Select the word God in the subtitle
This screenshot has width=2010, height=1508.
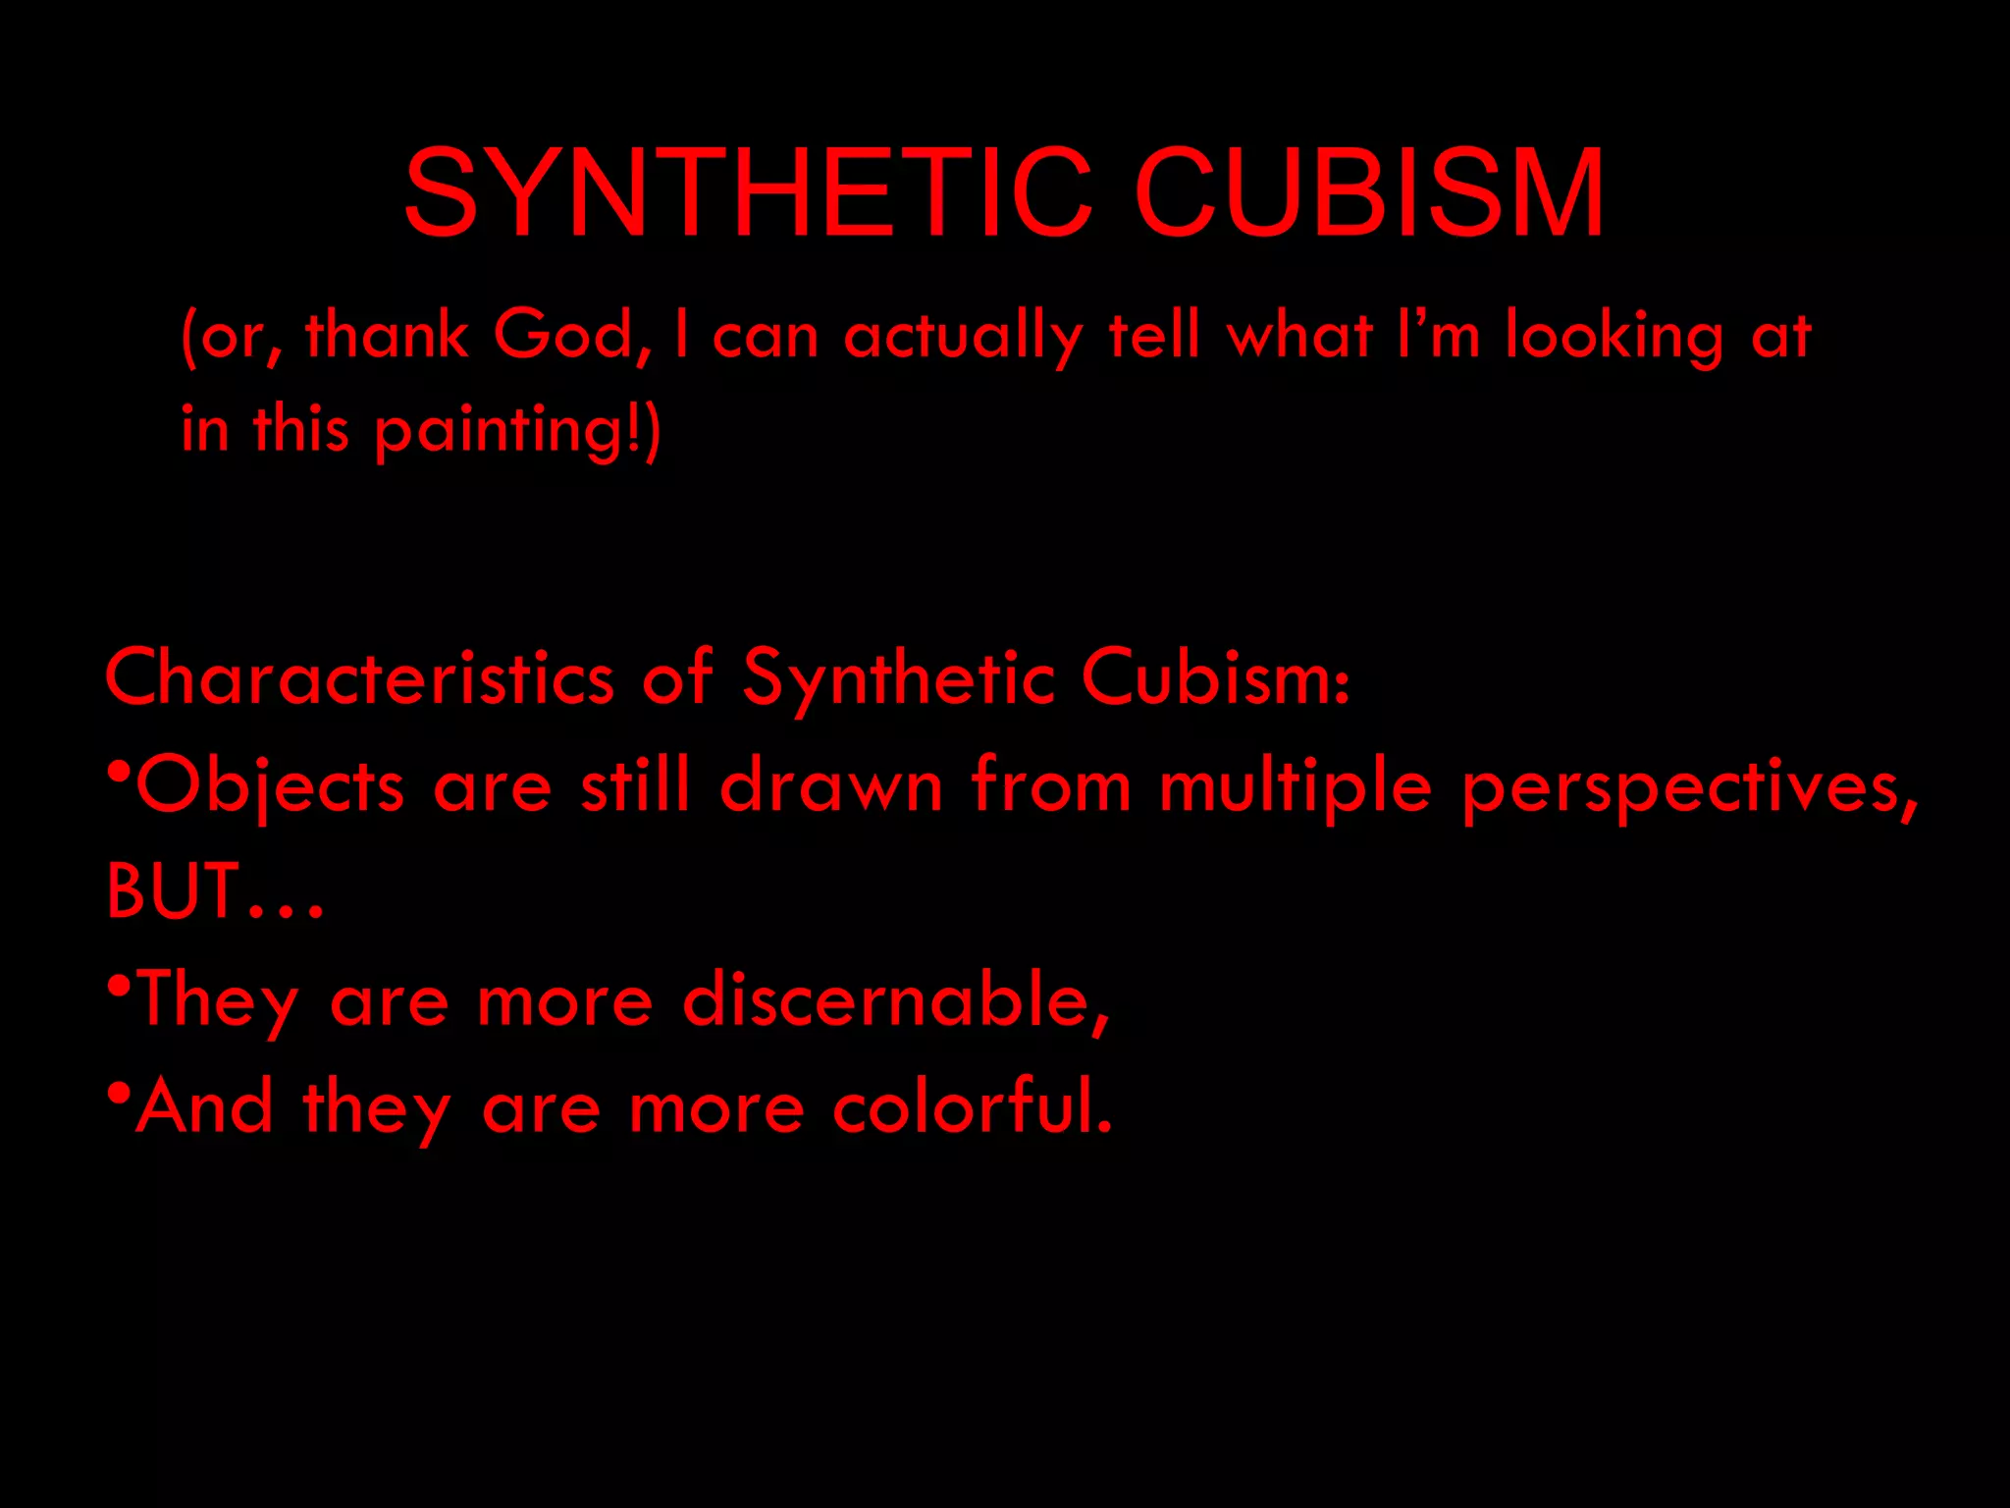pos(571,336)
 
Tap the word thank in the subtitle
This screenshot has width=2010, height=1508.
pos(387,335)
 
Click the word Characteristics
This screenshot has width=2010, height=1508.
pos(359,677)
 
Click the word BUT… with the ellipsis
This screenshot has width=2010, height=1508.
pos(214,891)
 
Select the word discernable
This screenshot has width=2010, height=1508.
pos(895,999)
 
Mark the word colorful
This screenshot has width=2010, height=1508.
pos(972,1106)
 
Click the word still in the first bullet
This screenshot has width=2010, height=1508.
pos(635,785)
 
